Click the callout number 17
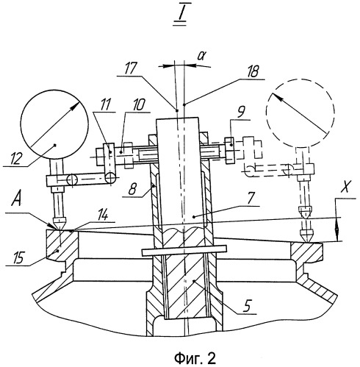[130, 68]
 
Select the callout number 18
[252, 72]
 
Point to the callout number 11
[104, 104]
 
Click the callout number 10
[138, 105]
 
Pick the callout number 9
[241, 113]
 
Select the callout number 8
[133, 189]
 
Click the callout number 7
[251, 199]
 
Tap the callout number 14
[103, 215]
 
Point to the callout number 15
[18, 257]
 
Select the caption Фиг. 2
[195, 359]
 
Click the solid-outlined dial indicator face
[54, 124]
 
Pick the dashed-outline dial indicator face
[300, 113]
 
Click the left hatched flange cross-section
[62, 246]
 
